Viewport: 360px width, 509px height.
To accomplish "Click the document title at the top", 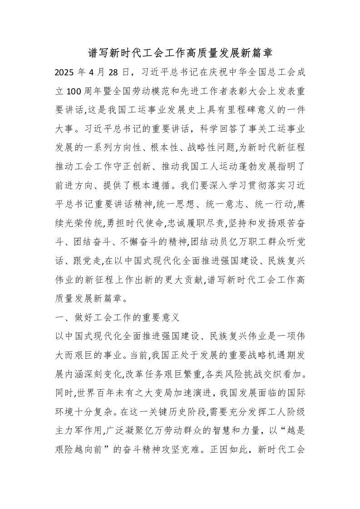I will click(180, 54).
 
